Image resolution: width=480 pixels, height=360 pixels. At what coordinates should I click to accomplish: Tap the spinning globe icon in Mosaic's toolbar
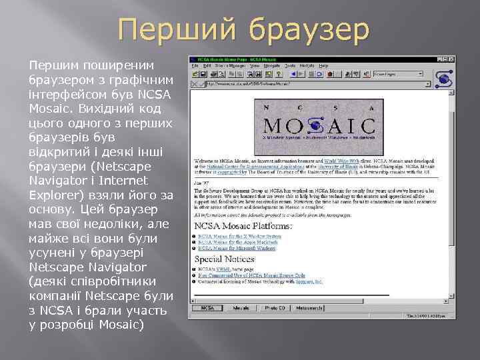coord(445,77)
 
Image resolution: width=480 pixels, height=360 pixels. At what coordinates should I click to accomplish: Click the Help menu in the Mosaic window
coord(323,66)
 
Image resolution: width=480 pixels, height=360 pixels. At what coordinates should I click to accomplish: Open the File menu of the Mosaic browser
coord(195,66)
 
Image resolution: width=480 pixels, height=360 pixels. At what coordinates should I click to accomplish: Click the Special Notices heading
coord(225,259)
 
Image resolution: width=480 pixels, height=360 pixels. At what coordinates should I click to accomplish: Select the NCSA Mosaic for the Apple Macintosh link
coord(239,243)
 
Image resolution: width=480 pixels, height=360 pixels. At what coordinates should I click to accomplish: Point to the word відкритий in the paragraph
coord(57,151)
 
